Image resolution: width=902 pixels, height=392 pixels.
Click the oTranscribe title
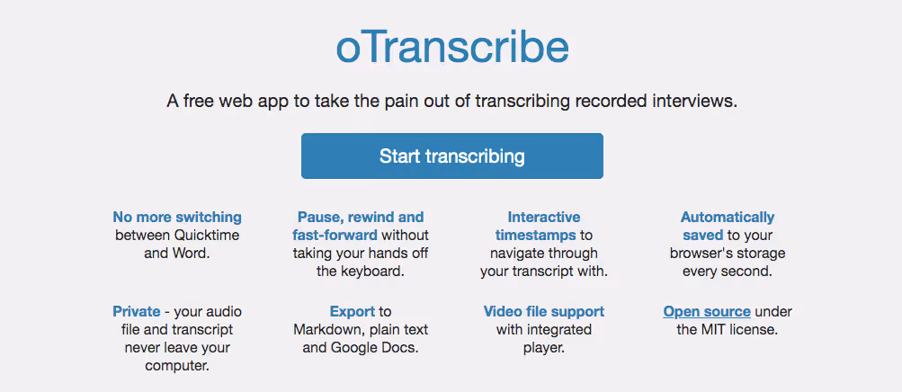(452, 49)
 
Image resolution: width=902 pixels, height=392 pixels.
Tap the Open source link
(707, 311)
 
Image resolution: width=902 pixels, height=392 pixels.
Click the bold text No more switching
(177, 218)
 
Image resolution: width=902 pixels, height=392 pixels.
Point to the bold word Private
(137, 311)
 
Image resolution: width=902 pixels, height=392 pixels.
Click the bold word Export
(352, 311)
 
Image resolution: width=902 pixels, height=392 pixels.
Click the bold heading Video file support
(543, 311)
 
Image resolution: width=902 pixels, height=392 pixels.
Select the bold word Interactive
(543, 218)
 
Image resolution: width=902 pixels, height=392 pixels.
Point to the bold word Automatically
(728, 218)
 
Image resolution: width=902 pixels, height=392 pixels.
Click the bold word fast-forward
(335, 235)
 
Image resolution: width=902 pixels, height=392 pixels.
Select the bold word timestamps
(536, 235)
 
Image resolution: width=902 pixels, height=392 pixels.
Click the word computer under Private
(176, 366)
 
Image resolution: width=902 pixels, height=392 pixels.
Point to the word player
(543, 348)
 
